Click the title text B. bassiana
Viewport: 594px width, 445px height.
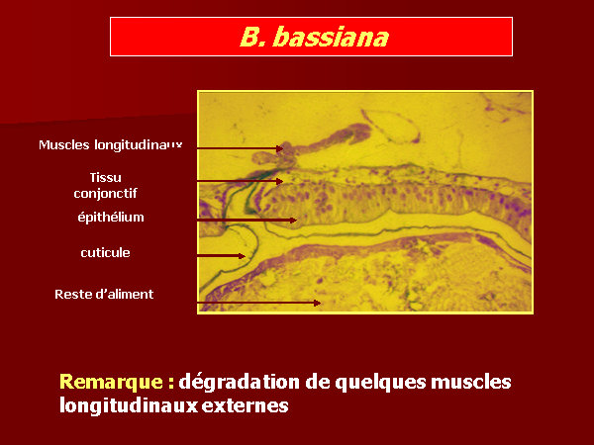[x=315, y=38]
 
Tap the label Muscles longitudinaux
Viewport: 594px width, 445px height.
[x=110, y=144]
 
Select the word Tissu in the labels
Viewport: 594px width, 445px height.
[x=105, y=177]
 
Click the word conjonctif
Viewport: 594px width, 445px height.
[x=105, y=194]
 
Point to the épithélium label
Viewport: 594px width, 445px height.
[x=111, y=217]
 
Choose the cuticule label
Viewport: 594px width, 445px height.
[x=105, y=252]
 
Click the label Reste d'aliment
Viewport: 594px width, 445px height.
[x=104, y=294]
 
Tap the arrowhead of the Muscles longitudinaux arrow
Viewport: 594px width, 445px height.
[x=280, y=148]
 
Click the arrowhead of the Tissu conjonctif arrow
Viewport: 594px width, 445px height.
[x=280, y=181]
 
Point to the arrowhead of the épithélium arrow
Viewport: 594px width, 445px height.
[x=294, y=220]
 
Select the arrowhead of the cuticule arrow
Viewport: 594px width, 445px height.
[x=243, y=256]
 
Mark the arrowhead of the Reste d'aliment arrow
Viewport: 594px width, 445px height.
[x=318, y=303]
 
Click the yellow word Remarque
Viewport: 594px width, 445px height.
[x=111, y=382]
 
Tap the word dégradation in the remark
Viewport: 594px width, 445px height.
[x=240, y=382]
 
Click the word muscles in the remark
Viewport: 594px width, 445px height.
[x=471, y=382]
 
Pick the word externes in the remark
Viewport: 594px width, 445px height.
[x=245, y=405]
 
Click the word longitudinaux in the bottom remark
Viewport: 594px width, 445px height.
[x=129, y=404]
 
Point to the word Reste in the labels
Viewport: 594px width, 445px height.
[x=72, y=294]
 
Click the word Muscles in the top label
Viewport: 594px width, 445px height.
[x=64, y=144]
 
